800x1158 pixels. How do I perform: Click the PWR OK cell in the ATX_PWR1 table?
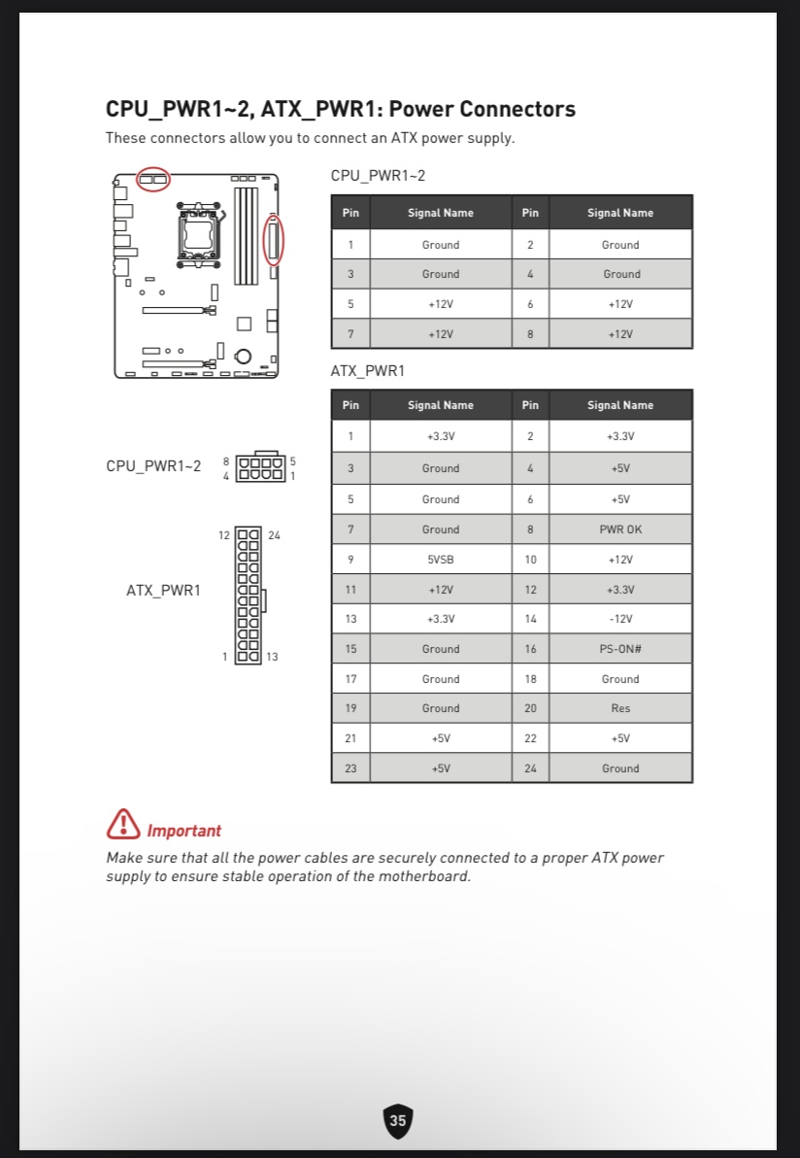[x=620, y=529]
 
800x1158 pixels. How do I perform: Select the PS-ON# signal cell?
[x=620, y=649]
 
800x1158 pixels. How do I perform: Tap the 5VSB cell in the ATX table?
[x=441, y=560]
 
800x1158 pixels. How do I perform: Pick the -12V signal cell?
[x=620, y=619]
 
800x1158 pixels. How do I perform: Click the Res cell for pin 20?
[x=620, y=708]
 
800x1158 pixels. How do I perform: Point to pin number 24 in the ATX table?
[x=530, y=768]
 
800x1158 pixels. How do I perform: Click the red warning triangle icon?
[x=123, y=824]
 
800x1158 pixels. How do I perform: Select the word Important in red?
[x=183, y=831]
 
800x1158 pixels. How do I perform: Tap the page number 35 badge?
[x=398, y=1120]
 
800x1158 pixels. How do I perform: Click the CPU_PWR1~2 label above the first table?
[x=378, y=176]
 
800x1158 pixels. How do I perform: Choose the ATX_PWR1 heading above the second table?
[x=368, y=371]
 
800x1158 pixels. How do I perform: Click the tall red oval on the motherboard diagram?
[x=274, y=239]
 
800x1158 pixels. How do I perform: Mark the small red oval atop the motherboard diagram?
[x=152, y=179]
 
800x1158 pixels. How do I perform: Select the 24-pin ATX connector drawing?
[x=249, y=596]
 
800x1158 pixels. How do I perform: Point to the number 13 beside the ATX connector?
[x=272, y=657]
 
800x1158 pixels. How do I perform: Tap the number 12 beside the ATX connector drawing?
[x=224, y=535]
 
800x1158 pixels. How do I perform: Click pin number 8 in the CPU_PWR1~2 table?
[x=530, y=334]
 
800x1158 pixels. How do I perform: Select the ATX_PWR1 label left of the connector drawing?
[x=163, y=590]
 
